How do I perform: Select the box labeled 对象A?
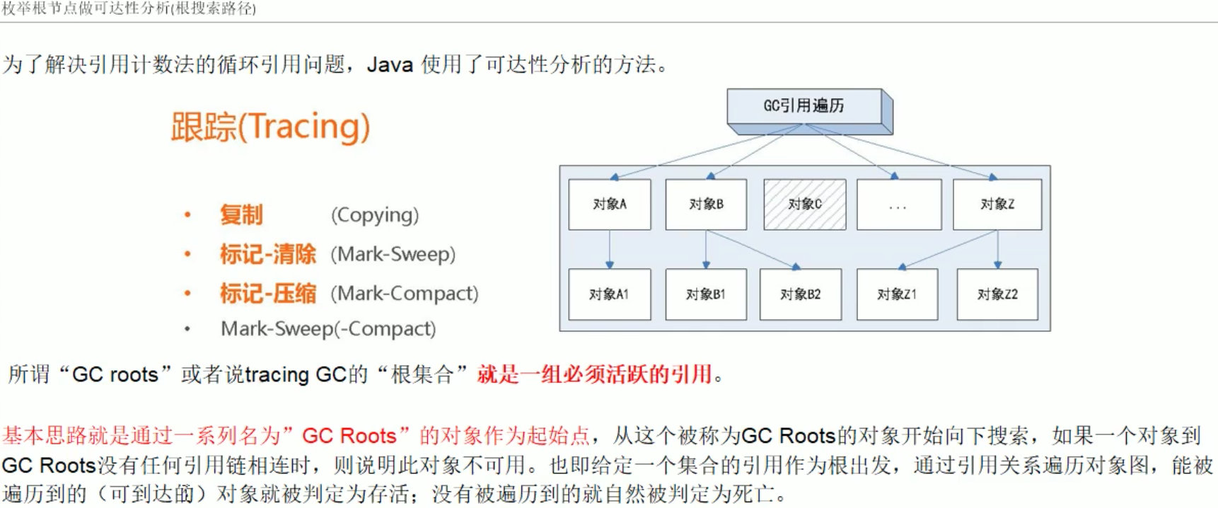click(610, 204)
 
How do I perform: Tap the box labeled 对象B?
click(706, 204)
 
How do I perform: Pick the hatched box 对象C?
click(804, 204)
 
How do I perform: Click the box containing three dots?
click(898, 204)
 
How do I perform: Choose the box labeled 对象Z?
click(997, 204)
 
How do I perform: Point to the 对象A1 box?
click(609, 294)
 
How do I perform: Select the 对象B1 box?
click(706, 294)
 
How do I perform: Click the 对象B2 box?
click(801, 294)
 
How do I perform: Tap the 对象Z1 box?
click(897, 294)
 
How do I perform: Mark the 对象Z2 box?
click(997, 294)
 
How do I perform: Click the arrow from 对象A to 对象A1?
click(610, 249)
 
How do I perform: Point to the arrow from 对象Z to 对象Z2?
click(997, 249)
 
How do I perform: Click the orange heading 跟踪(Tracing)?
click(270, 127)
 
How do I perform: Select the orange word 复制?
click(241, 215)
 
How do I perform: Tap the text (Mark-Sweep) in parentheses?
click(393, 254)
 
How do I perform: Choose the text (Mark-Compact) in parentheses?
click(405, 293)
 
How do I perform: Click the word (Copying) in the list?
click(375, 215)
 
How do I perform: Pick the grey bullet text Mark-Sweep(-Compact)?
click(328, 329)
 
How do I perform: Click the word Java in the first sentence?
click(390, 65)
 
